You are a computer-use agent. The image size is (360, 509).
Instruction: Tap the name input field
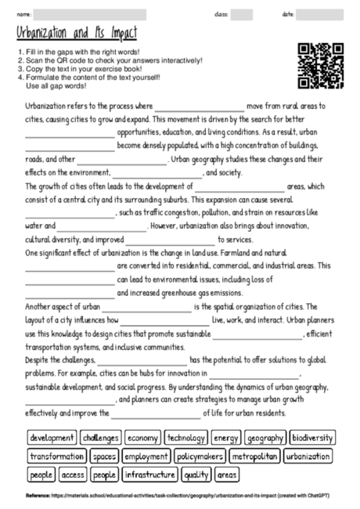90,14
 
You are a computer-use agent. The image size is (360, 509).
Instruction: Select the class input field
242,14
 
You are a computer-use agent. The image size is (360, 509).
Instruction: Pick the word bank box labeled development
52,438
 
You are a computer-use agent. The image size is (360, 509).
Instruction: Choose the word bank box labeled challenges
101,438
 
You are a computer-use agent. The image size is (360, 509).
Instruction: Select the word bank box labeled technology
186,438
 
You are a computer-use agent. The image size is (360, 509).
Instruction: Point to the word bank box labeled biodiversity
311,438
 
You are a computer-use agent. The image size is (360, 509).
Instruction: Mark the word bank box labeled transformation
57,456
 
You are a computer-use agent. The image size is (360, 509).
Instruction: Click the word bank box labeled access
73,475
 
